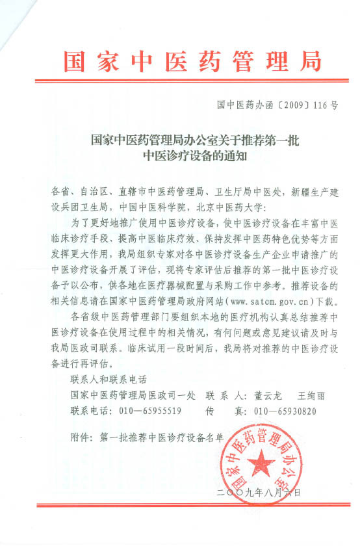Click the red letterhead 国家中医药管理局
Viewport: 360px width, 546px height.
pos(192,60)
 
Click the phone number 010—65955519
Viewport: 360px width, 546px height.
pos(148,411)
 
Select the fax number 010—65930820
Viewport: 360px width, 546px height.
pos(285,411)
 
